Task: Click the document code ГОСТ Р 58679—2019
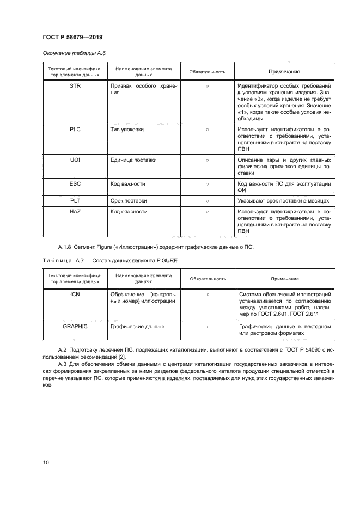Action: tap(72, 37)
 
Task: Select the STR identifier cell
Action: tap(75, 87)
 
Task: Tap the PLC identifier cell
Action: tap(75, 130)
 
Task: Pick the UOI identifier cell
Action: tap(75, 160)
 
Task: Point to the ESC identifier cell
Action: tap(75, 184)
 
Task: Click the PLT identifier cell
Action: tap(75, 201)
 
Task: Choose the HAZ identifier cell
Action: tap(75, 211)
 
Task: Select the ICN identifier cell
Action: tap(75, 295)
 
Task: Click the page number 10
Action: tap(45, 463)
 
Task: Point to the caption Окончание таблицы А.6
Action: tap(70, 53)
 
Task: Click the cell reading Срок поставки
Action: tap(129, 201)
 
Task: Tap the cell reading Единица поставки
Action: tap(133, 160)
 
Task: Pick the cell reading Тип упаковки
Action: tap(127, 130)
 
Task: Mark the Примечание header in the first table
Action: tap(284, 72)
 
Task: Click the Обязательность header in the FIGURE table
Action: tap(208, 279)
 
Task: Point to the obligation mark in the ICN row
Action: tap(208, 295)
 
